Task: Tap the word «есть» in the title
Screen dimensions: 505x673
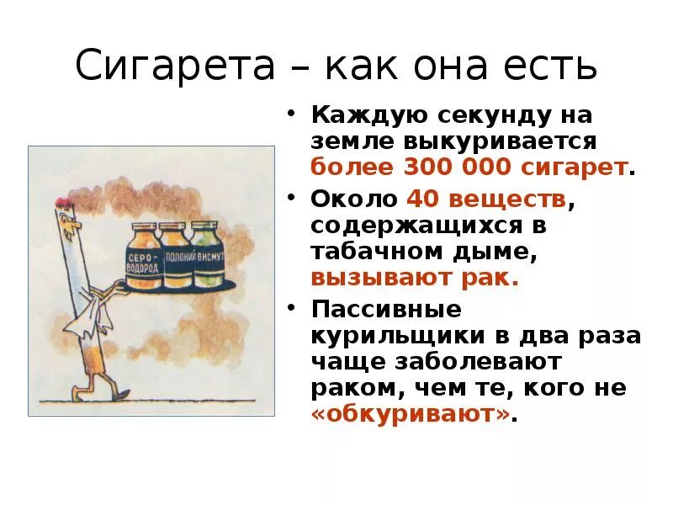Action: coord(547,66)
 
